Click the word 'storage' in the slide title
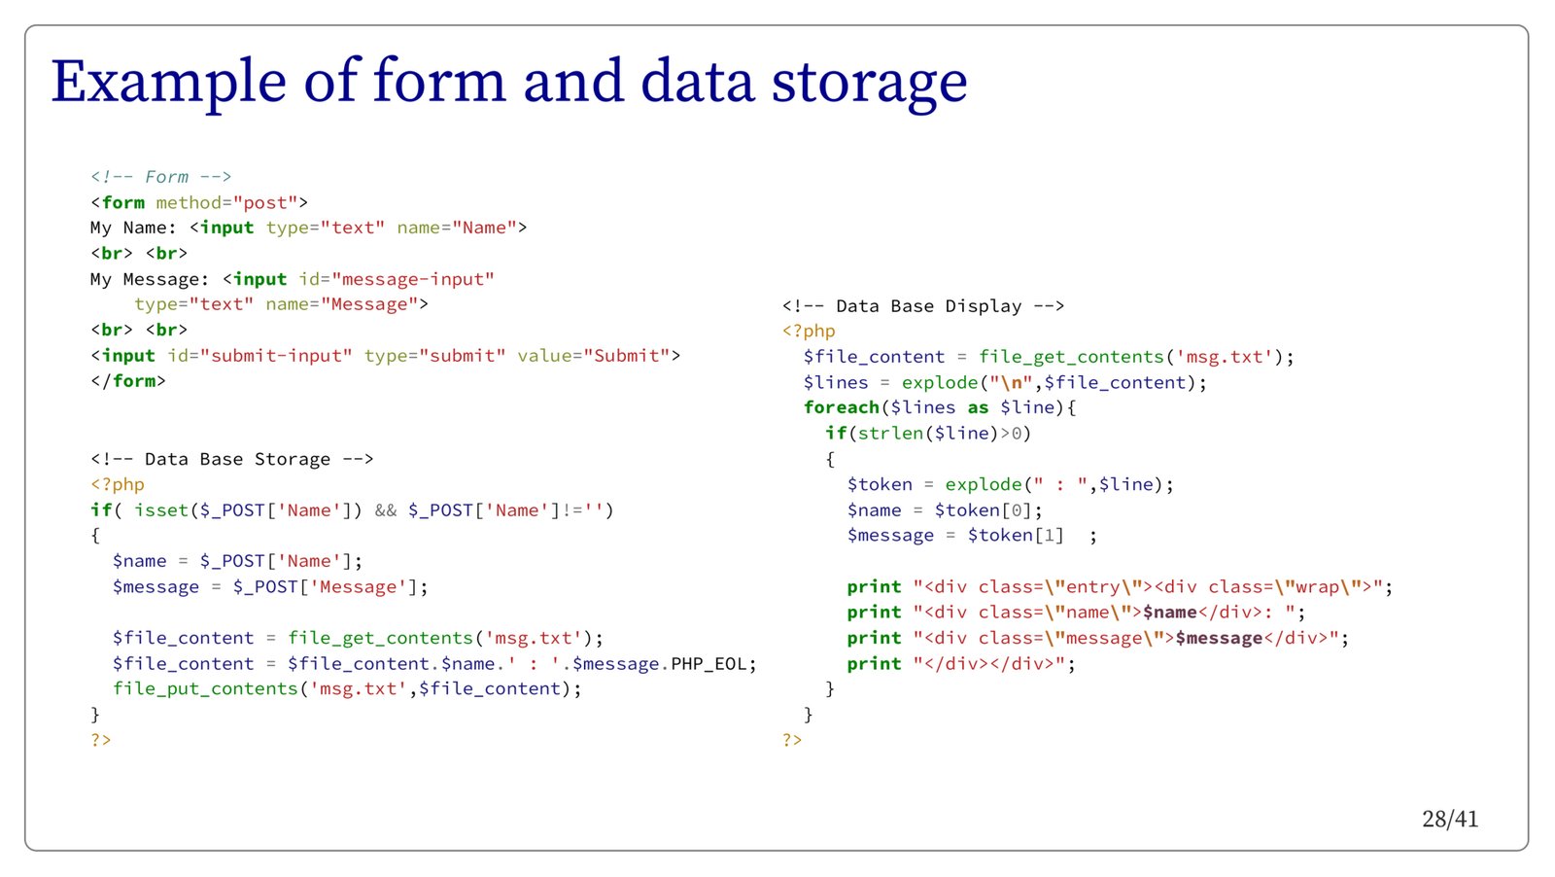coord(869,82)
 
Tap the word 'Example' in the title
coord(168,82)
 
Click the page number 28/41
coord(1449,819)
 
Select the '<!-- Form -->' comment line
coord(160,177)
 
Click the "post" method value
coord(265,203)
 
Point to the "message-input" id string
coord(413,280)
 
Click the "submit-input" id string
coord(276,356)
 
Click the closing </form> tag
coord(128,381)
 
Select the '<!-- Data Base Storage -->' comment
coord(231,459)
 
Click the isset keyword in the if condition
coord(161,510)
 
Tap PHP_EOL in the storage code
coord(708,664)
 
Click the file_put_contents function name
coord(205,689)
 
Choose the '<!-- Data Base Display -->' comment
coord(922,306)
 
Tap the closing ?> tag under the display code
coord(792,740)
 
